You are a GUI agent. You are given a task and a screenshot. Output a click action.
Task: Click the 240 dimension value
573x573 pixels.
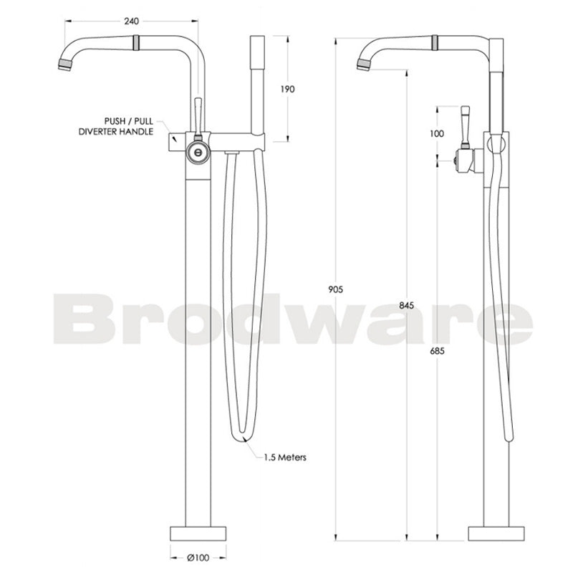(131, 21)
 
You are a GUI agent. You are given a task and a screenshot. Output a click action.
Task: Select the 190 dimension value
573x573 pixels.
(287, 89)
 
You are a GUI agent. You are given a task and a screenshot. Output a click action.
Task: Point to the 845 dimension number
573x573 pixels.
(407, 305)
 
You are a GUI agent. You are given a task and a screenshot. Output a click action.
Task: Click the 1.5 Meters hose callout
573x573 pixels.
(284, 457)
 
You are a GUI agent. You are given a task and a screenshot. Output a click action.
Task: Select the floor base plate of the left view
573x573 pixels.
(198, 533)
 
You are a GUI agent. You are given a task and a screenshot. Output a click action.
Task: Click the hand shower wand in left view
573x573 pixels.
(257, 86)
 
